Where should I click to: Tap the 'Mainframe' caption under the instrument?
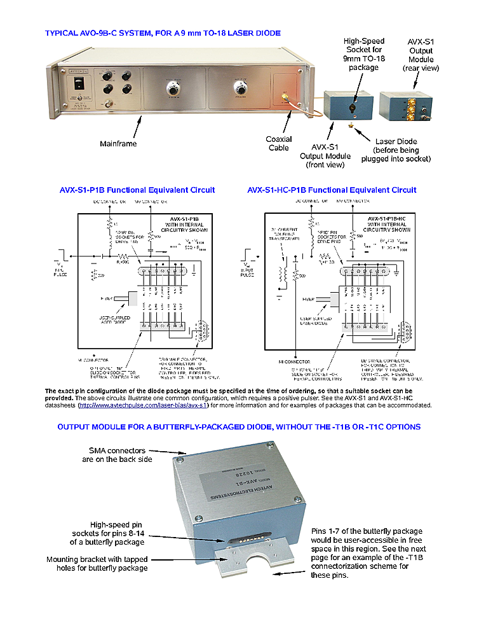coord(118,144)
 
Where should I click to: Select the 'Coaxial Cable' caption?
coord(279,144)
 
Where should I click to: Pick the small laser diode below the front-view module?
coord(351,126)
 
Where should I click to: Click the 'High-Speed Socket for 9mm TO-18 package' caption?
coord(363,54)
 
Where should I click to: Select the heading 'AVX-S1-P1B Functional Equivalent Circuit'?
coord(137,190)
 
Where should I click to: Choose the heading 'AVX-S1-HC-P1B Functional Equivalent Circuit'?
coord(332,190)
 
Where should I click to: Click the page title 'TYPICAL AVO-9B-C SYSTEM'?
coord(163,32)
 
